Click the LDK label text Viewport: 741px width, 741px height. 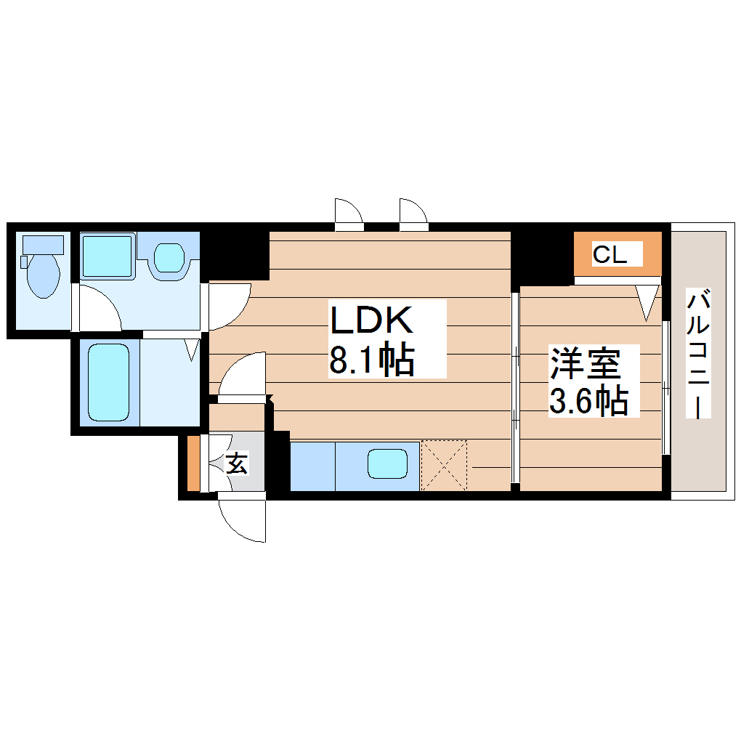tap(371, 320)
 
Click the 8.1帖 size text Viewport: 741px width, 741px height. tap(371, 360)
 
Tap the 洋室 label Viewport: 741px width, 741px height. tap(586, 363)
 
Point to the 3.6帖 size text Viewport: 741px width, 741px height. tap(588, 400)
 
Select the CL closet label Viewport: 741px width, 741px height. tap(608, 255)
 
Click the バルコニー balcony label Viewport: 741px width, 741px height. tap(698, 354)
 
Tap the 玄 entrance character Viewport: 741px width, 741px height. tap(236, 463)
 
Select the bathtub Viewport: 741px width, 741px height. tap(109, 381)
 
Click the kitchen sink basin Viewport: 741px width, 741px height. tap(386, 464)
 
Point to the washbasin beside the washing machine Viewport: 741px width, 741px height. tap(171, 256)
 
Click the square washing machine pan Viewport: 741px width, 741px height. tap(107, 255)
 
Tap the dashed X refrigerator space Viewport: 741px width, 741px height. tap(444, 465)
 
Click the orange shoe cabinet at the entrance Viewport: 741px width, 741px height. tap(193, 463)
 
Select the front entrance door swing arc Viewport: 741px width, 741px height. tap(242, 521)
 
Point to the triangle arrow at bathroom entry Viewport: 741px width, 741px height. tap(193, 349)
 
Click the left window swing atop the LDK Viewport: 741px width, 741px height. tap(348, 214)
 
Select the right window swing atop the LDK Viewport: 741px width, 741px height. tap(413, 214)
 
